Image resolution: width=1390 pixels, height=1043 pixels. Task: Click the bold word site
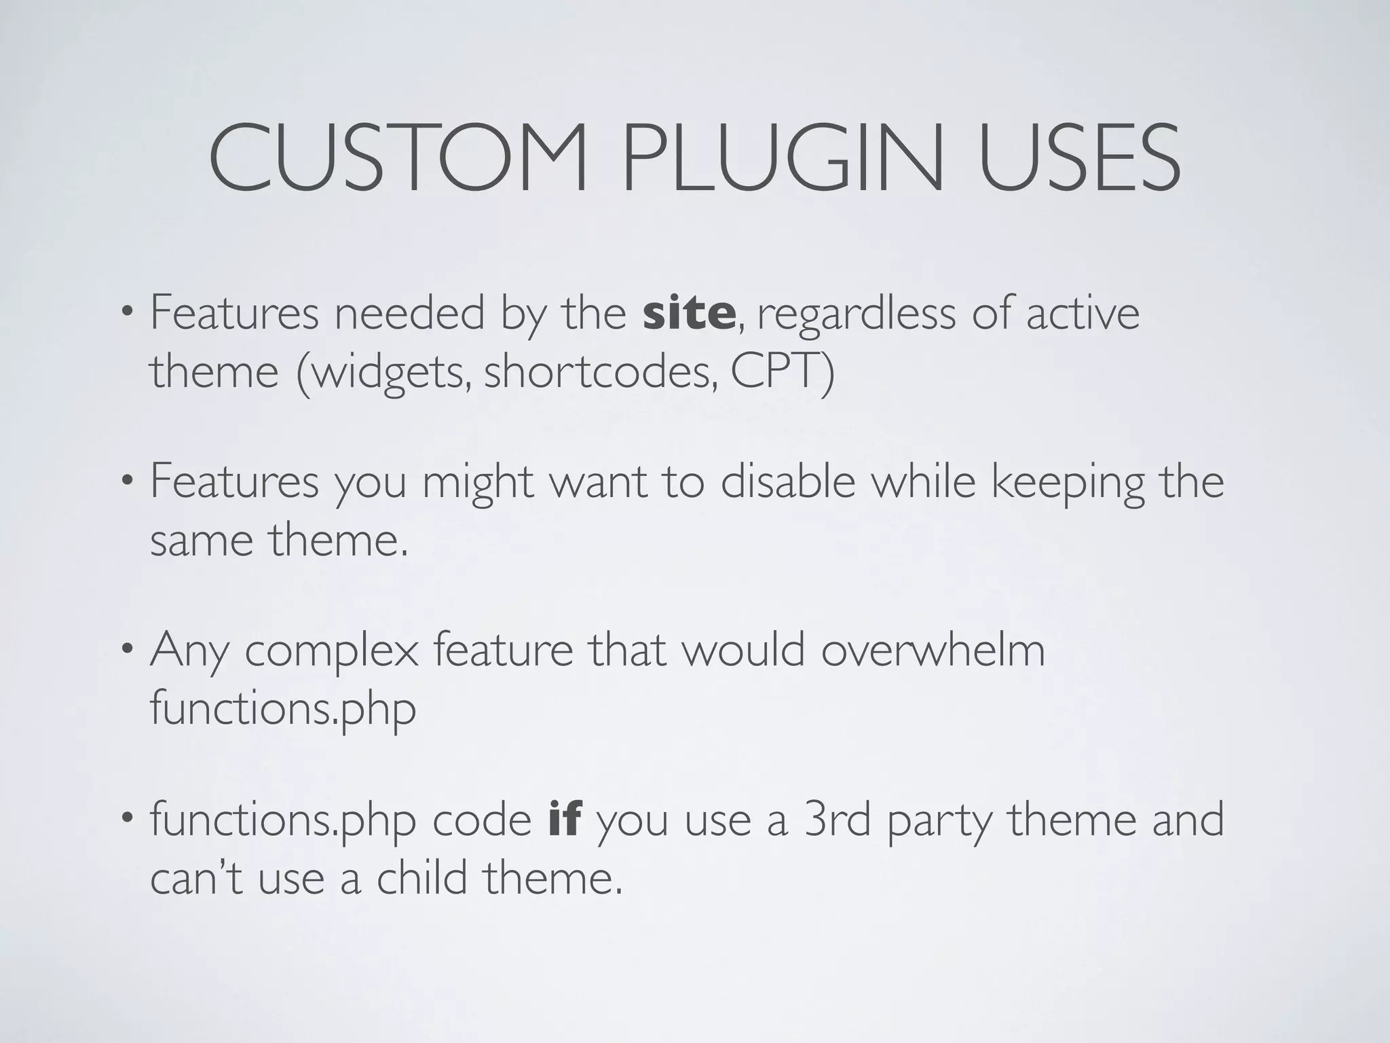pyautogui.click(x=688, y=314)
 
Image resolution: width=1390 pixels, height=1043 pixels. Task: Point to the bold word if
pyautogui.click(x=564, y=820)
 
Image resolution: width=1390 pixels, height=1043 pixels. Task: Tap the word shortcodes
pyautogui.click(x=600, y=373)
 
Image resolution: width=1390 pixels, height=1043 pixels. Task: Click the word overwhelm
pyautogui.click(x=933, y=650)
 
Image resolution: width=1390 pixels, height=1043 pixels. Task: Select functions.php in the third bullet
pyautogui.click(x=282, y=710)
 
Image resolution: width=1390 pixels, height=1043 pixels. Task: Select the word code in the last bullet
pyautogui.click(x=482, y=820)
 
